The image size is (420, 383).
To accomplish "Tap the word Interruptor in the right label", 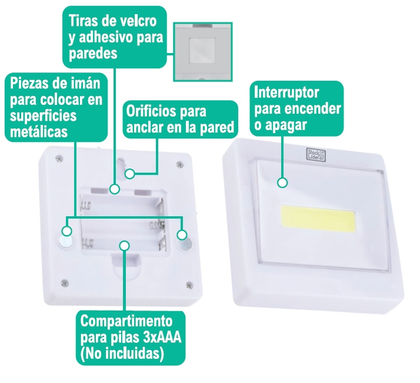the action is tap(286, 93).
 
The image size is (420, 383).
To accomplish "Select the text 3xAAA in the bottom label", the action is tap(162, 337).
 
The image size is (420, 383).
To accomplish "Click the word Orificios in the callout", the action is tap(151, 111).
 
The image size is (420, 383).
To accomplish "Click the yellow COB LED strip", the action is tap(318, 219).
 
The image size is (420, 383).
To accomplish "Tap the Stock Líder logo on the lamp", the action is tap(316, 155).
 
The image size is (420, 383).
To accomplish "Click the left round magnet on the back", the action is tap(65, 240).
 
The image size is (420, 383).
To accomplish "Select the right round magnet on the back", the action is tap(185, 244).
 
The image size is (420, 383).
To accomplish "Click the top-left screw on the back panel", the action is tap(59, 159).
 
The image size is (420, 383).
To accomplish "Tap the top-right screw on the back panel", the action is tap(180, 164).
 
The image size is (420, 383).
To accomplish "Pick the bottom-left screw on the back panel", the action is tap(64, 283).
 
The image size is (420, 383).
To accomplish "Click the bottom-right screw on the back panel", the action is tap(189, 285).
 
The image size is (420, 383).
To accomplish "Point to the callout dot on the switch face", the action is tap(282, 183).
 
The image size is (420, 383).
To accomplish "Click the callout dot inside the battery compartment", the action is tap(125, 245).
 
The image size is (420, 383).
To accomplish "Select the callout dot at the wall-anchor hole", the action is tap(130, 174).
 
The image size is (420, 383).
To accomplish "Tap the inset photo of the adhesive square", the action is tap(203, 52).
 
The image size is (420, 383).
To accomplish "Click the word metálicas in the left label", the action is tap(39, 132).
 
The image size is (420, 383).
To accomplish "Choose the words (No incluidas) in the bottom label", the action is tap(122, 354).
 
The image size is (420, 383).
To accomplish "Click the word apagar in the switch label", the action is tap(286, 125).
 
